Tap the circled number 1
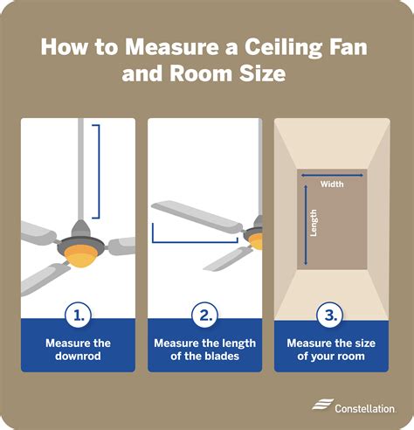78,316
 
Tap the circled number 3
332,316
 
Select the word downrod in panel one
78,355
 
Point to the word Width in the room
332,184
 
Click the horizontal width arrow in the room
332,175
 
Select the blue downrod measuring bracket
98,170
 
